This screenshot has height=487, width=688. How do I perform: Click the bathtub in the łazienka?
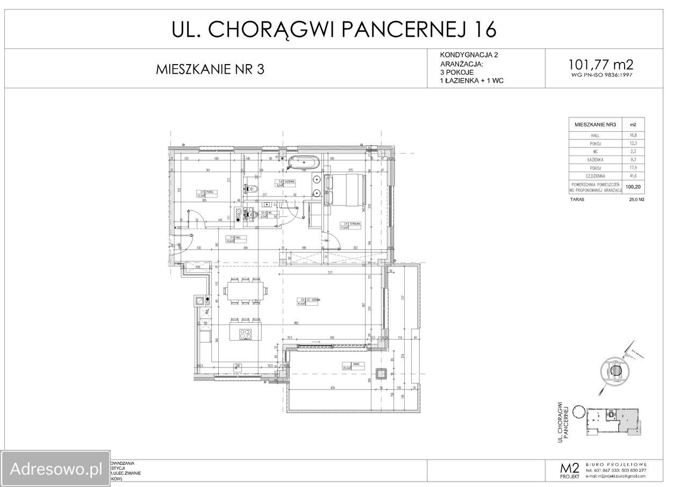303,161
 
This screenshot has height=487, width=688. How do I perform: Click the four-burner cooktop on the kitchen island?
245,334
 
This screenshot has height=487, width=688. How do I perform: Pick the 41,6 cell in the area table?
633,176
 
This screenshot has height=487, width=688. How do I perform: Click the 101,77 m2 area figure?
600,65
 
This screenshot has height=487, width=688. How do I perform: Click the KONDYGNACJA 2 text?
465,55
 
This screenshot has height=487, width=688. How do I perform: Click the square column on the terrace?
381,373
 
